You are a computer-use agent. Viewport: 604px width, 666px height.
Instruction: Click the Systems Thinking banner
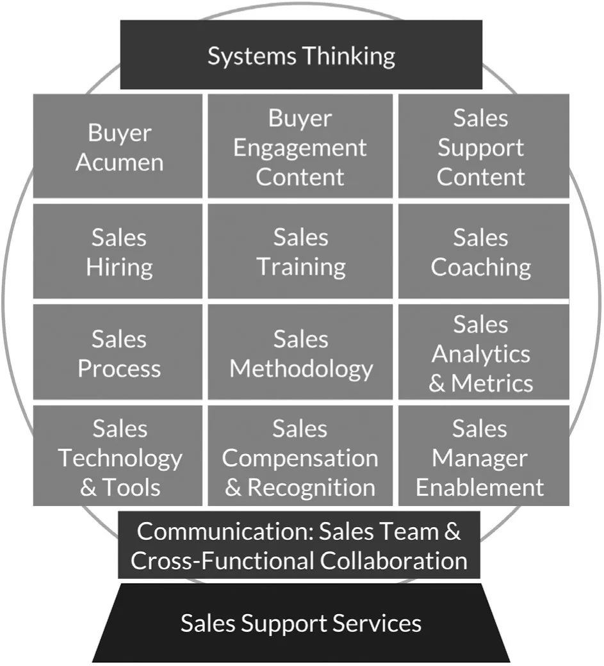[x=301, y=55]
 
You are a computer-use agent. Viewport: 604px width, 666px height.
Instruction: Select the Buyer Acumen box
[x=118, y=147]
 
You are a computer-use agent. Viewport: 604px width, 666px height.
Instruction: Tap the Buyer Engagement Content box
[x=300, y=147]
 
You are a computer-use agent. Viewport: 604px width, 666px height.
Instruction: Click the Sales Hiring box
[x=118, y=252]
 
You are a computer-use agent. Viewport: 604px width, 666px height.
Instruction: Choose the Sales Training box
[x=300, y=252]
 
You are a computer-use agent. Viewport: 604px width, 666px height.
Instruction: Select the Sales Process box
[x=118, y=353]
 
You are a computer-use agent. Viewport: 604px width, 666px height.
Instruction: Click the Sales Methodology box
[x=300, y=353]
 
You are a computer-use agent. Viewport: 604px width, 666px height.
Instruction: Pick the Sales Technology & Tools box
[x=118, y=457]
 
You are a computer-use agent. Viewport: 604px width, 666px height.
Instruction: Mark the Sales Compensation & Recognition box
[x=300, y=457]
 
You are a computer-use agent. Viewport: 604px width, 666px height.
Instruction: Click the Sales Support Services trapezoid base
[x=301, y=623]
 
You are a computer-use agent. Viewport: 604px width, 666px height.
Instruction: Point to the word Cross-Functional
[x=222, y=561]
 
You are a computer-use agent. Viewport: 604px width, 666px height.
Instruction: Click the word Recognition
[x=311, y=487]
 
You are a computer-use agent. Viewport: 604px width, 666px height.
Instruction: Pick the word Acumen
[x=119, y=162]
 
